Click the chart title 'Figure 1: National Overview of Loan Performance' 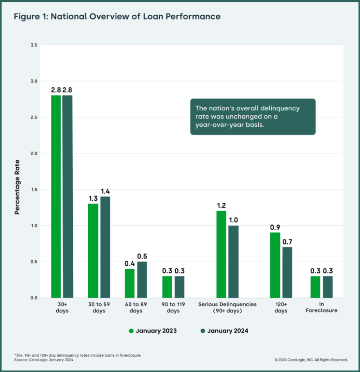117,17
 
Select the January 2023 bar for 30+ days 56,196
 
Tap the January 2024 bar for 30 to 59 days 105,247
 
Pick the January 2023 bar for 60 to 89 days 130,283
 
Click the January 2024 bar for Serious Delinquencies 233,261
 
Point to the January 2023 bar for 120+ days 275,265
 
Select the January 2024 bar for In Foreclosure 328,286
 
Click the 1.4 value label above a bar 105,191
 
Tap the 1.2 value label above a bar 221,206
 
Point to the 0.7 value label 287,242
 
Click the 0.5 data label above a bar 141,256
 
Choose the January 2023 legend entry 153,331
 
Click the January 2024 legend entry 225,331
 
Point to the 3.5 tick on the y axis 34,45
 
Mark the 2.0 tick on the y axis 34,153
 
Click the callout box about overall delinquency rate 252,117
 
